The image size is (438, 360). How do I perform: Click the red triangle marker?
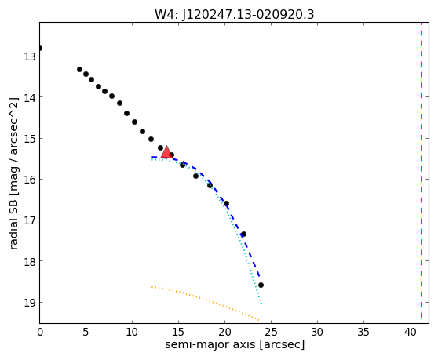tap(166, 152)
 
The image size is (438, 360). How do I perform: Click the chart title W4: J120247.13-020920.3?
tap(235, 15)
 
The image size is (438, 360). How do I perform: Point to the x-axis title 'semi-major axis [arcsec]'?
tap(235, 344)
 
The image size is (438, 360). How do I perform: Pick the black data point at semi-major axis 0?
tap(40, 49)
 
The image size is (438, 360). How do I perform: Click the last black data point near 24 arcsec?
tap(261, 285)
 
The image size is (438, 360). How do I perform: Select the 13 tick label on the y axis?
tap(29, 56)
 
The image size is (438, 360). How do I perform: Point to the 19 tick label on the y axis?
tap(29, 302)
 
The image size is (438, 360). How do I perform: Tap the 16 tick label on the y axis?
tap(29, 179)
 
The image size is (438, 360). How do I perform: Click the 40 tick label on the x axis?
tap(411, 332)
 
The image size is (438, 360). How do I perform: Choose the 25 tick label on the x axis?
tap(272, 332)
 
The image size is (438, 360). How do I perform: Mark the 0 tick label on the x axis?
tap(40, 332)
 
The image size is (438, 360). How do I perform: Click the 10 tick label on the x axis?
tap(132, 332)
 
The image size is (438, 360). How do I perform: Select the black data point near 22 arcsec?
tap(243, 234)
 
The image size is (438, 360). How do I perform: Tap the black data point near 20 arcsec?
tap(226, 203)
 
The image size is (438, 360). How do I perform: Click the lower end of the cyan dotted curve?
tap(261, 304)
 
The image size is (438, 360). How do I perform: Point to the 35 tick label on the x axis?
tap(364, 332)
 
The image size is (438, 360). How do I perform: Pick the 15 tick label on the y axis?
tap(29, 138)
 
